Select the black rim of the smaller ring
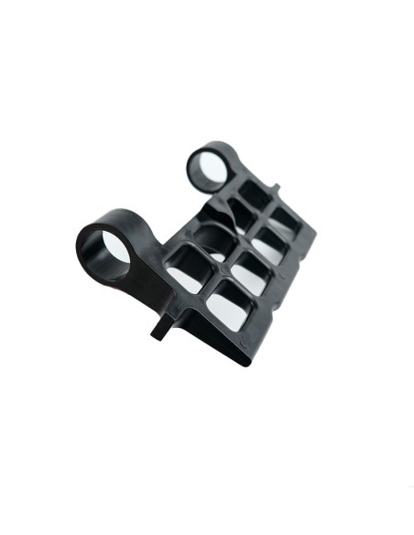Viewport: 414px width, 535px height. (x=197, y=153)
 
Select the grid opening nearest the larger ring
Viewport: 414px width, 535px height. (x=187, y=267)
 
